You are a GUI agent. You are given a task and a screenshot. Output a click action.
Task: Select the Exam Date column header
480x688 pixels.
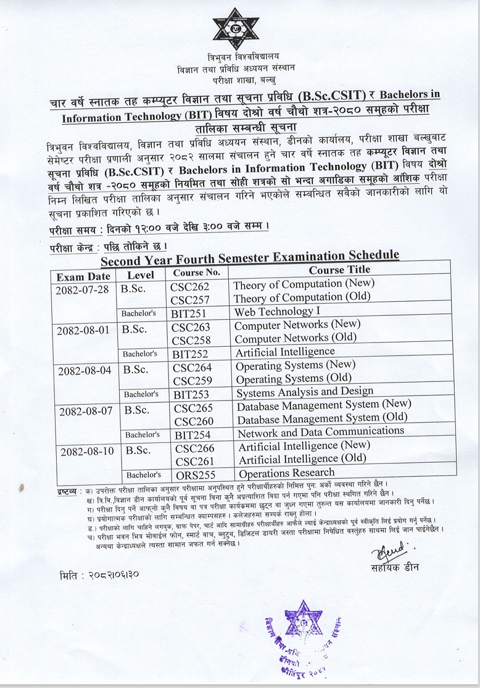click(x=83, y=276)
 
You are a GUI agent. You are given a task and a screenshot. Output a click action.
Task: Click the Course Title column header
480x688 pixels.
click(x=339, y=270)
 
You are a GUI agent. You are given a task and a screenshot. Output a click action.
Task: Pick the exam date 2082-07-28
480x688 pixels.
click(x=83, y=289)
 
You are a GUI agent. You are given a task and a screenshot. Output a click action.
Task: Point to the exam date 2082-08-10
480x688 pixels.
click(x=87, y=451)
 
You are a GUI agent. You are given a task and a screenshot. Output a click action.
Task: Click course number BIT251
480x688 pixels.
click(x=189, y=313)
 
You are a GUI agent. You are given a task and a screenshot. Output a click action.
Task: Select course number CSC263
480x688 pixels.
click(x=191, y=327)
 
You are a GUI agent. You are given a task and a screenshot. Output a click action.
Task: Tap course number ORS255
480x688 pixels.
click(x=195, y=475)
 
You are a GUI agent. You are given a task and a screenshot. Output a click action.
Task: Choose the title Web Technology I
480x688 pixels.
click(x=276, y=312)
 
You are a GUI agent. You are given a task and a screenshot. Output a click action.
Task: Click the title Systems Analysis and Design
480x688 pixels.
click(x=305, y=392)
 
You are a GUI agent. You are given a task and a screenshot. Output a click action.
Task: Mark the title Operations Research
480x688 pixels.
click(x=286, y=473)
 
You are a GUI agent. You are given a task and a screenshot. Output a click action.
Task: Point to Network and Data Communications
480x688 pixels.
click(x=321, y=432)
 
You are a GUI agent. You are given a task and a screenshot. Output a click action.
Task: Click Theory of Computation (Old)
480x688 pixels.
click(x=292, y=298)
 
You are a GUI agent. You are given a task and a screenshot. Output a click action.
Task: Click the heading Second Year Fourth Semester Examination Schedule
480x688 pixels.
click(x=250, y=255)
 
